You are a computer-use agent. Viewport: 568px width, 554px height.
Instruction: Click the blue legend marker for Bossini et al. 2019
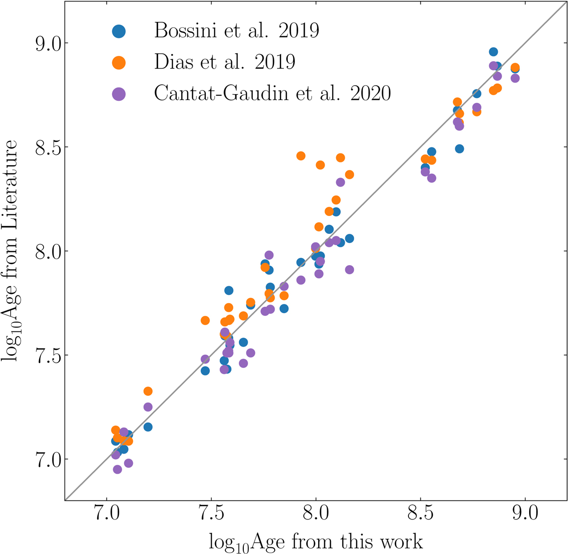coord(119,31)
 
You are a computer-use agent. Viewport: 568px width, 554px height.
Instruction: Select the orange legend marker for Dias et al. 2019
coord(119,62)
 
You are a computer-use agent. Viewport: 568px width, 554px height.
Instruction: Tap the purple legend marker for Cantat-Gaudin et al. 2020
coord(119,94)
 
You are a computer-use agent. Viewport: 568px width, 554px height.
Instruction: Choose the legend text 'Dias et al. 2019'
coord(225,62)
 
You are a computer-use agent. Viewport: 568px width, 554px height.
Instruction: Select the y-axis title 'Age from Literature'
coord(10,251)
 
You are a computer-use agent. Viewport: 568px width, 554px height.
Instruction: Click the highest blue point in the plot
coord(493,52)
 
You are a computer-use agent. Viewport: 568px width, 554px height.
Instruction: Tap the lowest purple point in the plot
coord(117,469)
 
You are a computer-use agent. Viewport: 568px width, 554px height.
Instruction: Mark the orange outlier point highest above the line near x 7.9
coord(301,156)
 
